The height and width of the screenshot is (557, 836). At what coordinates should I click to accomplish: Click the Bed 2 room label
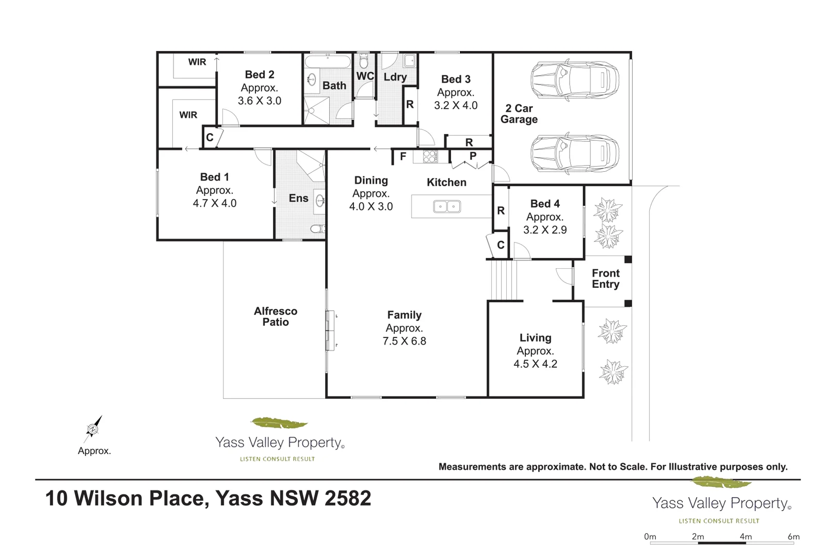click(x=260, y=75)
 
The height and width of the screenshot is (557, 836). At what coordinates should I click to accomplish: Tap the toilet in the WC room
click(x=364, y=62)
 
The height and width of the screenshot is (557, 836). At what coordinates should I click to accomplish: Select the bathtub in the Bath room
click(x=328, y=62)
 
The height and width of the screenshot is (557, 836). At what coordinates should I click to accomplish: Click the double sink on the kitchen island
click(x=446, y=207)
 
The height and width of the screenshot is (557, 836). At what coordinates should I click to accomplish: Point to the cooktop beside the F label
click(x=430, y=156)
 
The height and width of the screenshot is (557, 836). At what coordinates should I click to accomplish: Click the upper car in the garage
click(x=574, y=81)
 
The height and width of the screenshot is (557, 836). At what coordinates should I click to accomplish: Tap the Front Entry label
click(x=605, y=278)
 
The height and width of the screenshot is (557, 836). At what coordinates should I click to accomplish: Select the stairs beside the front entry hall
click(x=503, y=280)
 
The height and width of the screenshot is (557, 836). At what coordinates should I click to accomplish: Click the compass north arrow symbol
click(x=93, y=428)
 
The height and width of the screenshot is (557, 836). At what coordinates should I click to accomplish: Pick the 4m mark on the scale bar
click(x=746, y=537)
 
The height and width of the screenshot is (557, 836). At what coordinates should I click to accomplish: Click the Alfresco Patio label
click(x=276, y=317)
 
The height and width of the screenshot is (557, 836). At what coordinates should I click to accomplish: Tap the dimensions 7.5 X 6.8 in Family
click(x=404, y=341)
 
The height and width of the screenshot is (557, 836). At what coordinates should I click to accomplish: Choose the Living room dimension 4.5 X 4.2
click(x=535, y=364)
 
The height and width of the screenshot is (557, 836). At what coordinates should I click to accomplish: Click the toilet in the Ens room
click(x=317, y=229)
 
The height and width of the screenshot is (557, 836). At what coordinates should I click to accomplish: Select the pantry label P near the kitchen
click(x=473, y=156)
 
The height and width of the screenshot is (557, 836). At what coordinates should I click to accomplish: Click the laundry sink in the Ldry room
click(x=410, y=61)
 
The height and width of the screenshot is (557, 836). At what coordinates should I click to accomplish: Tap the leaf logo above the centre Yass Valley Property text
click(x=279, y=423)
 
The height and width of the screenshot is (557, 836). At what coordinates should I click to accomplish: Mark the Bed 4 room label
click(x=545, y=204)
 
